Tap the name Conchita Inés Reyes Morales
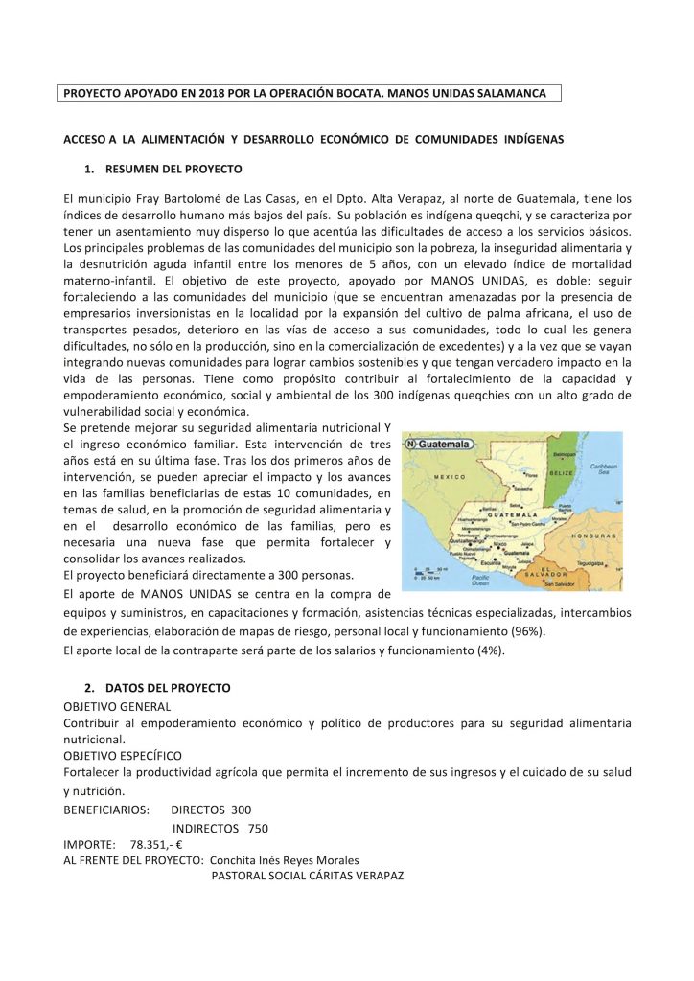click(x=285, y=860)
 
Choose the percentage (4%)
click(x=491, y=650)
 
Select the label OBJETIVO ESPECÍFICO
click(x=123, y=755)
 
